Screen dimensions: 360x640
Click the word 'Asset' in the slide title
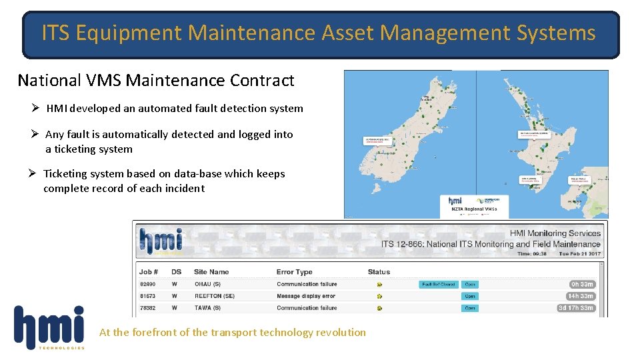[346, 33]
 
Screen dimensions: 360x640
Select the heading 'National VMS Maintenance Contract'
[156, 81]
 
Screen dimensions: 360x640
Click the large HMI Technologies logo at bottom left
[49, 327]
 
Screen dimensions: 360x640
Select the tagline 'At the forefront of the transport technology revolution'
[233, 332]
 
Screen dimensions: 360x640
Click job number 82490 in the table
[148, 284]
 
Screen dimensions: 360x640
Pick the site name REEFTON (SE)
[214, 296]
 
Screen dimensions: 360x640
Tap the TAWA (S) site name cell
[207, 308]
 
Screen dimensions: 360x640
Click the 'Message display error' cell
[306, 296]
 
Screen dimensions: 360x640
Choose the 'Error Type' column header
[295, 272]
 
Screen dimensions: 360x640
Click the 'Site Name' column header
[211, 272]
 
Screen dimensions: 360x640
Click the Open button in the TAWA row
[470, 308]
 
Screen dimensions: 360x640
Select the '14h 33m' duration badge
[580, 296]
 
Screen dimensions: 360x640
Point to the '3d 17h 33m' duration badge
[576, 308]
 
